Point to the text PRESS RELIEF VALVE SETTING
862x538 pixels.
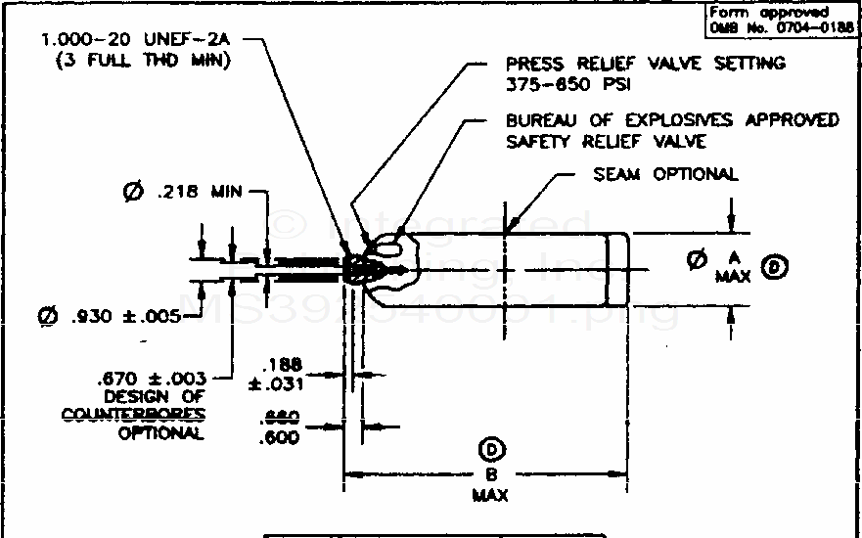pyautogui.click(x=645, y=63)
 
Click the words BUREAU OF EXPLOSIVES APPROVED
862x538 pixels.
pyautogui.click(x=672, y=120)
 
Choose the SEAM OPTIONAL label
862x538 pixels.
pyautogui.click(x=665, y=174)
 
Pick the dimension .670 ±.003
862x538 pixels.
pyautogui.click(x=152, y=377)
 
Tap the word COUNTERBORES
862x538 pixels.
pyautogui.click(x=133, y=415)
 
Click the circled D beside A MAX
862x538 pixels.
pyautogui.click(x=775, y=266)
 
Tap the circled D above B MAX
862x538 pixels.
pyautogui.click(x=490, y=449)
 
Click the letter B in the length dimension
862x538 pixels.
pyautogui.click(x=490, y=474)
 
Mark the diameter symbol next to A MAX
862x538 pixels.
pyautogui.click(x=697, y=260)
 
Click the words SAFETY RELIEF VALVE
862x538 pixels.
pyautogui.click(x=606, y=142)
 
